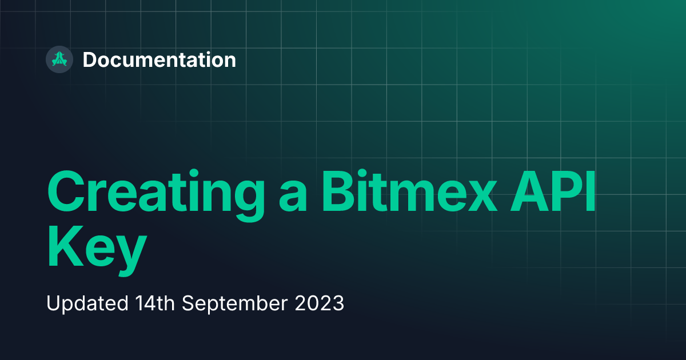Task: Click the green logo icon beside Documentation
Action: coord(59,59)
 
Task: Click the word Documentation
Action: coord(159,59)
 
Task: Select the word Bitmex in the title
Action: coord(409,191)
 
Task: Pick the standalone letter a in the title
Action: coord(293,197)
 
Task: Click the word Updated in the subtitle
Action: coord(87,303)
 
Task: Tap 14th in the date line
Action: coord(155,303)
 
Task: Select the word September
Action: coord(235,304)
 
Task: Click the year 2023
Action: coord(320,303)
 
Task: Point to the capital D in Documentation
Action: coord(90,59)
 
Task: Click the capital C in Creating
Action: coord(66,191)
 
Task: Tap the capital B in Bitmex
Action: coord(338,191)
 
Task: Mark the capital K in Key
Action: coord(66,246)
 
